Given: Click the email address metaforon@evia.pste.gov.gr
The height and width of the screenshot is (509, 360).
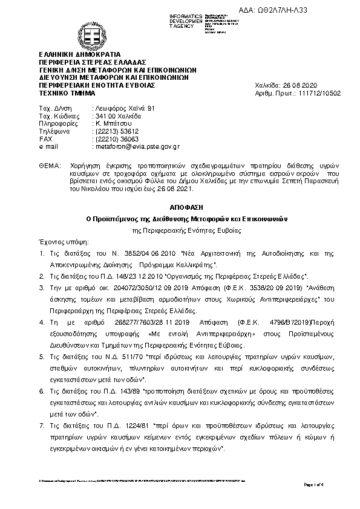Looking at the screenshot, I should pyautogui.click(x=135, y=146).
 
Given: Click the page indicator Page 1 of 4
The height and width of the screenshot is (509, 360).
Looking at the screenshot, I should pyautogui.click(x=313, y=484).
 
